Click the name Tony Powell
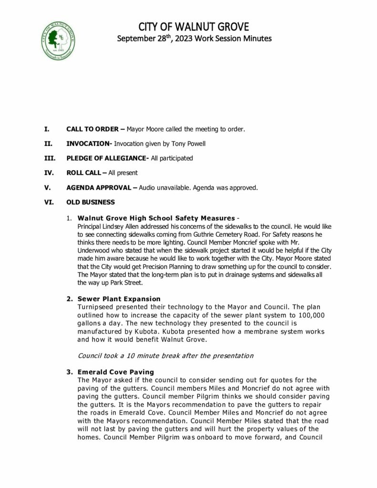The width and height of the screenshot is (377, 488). point(180,143)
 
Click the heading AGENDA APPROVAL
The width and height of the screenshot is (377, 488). point(99,187)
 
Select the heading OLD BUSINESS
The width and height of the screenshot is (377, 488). point(91,202)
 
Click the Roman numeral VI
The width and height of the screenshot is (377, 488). point(49,202)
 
